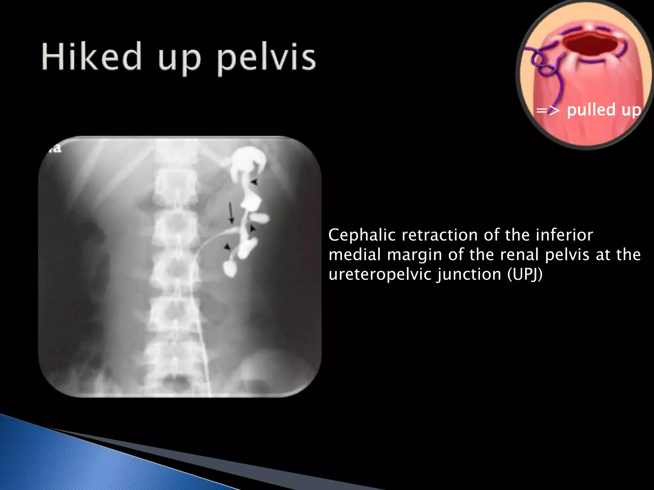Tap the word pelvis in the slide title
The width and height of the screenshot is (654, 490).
point(266,59)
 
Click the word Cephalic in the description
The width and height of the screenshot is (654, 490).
point(362,235)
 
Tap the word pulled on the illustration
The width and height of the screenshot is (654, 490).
point(591,110)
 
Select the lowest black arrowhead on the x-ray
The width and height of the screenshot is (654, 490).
point(227,247)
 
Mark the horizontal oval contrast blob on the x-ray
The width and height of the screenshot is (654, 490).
point(259,219)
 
